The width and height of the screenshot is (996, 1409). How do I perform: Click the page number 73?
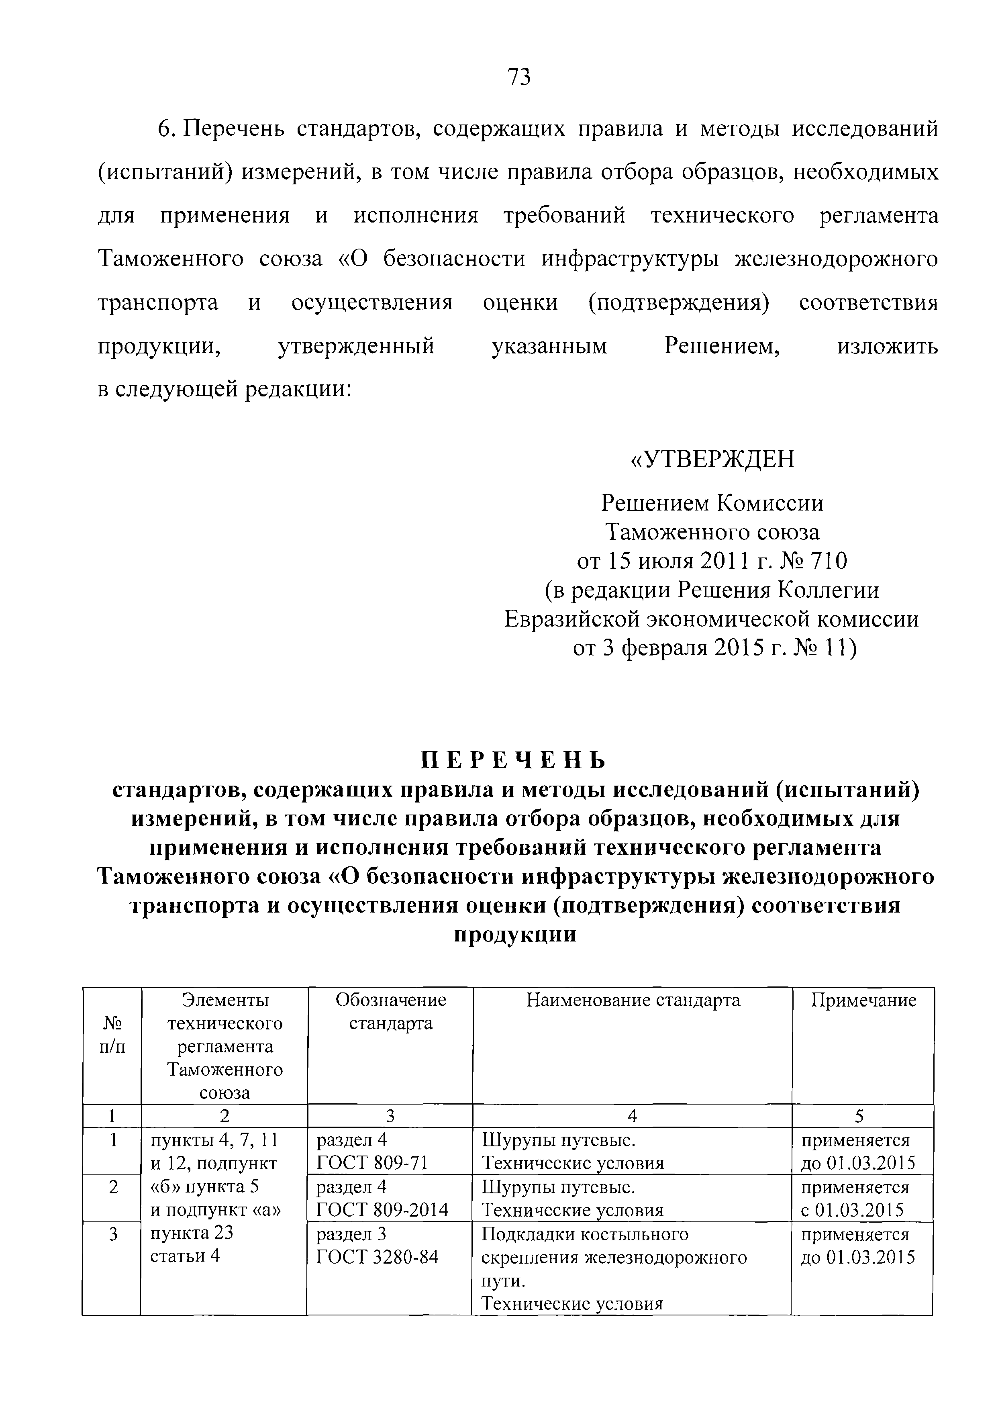(518, 78)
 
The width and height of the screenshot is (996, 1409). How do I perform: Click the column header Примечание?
(863, 1000)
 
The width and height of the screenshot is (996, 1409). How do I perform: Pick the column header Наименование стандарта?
(633, 1000)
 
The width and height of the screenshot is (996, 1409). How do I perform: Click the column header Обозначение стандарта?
(390, 1011)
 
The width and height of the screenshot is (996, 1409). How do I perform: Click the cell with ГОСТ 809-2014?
(382, 1209)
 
